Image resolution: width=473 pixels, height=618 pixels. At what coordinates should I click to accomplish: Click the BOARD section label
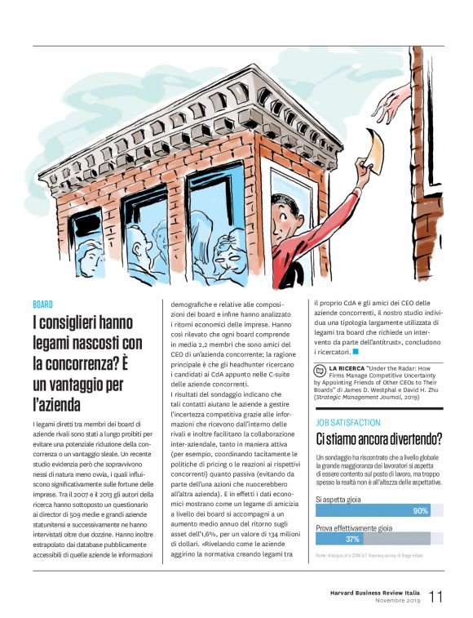(x=42, y=304)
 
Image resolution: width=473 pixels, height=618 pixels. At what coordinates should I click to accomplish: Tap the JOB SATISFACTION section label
(x=348, y=423)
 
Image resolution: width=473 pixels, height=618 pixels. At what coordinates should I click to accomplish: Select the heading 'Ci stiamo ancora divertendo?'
(x=379, y=439)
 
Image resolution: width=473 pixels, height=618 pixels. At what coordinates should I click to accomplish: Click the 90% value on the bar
(x=421, y=511)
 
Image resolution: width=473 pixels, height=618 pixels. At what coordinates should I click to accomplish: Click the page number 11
(x=436, y=596)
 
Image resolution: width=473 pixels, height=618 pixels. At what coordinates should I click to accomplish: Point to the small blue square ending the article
(x=356, y=352)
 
